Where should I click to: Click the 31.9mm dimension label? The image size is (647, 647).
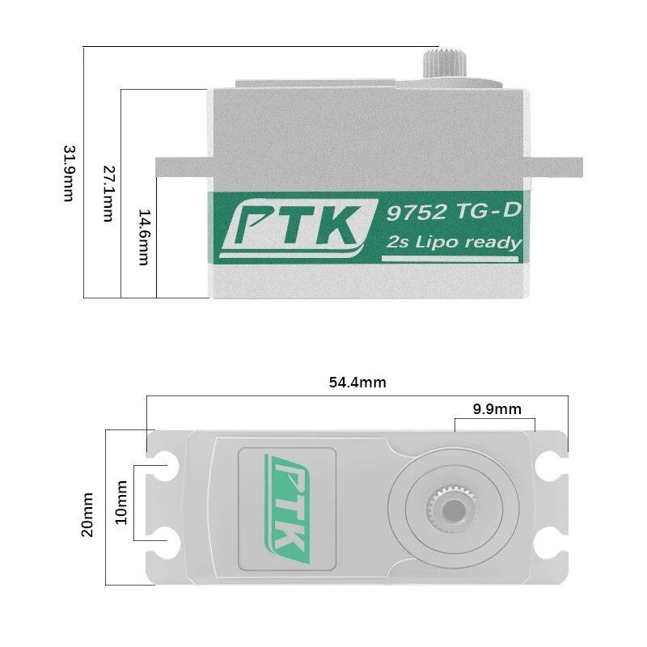click(69, 173)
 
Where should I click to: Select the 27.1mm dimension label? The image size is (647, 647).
click(108, 193)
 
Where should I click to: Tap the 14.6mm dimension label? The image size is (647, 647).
click(144, 237)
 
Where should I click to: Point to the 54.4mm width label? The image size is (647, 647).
click(357, 383)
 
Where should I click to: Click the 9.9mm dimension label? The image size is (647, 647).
click(497, 409)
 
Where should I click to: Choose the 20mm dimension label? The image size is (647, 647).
click(87, 514)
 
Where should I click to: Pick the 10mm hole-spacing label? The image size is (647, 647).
click(121, 502)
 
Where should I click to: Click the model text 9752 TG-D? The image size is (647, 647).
click(452, 212)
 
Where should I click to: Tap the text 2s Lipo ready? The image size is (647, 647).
click(454, 242)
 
